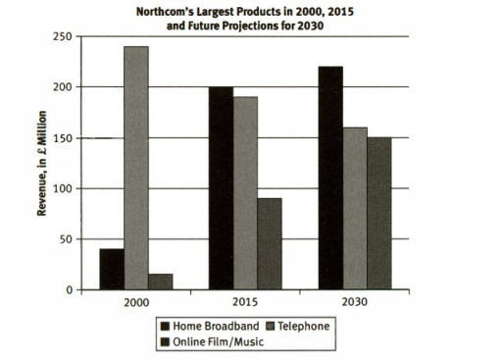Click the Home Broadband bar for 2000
tap(112, 270)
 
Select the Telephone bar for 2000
tap(136, 168)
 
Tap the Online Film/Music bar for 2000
tap(161, 283)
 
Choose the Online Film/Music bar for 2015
tap(270, 244)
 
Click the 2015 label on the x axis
tap(244, 304)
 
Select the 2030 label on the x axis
tap(353, 304)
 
